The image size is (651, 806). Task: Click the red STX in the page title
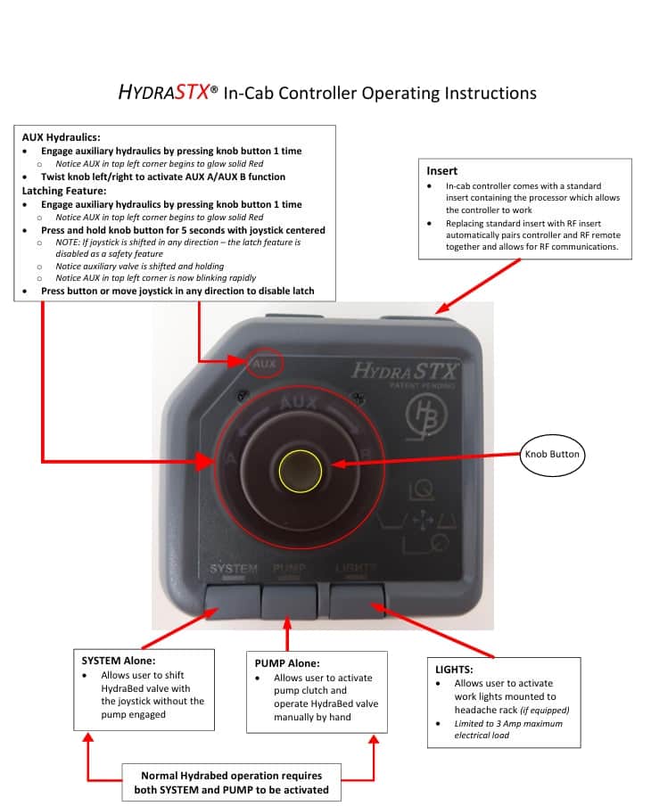(x=193, y=92)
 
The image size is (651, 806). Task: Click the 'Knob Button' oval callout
(x=552, y=455)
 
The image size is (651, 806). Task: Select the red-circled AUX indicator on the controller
(x=265, y=364)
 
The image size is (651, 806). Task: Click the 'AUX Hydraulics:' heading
(x=62, y=137)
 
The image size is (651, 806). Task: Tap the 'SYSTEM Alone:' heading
(x=119, y=661)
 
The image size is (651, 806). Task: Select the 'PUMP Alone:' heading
(x=287, y=663)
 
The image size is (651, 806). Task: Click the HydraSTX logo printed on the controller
(x=403, y=370)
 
